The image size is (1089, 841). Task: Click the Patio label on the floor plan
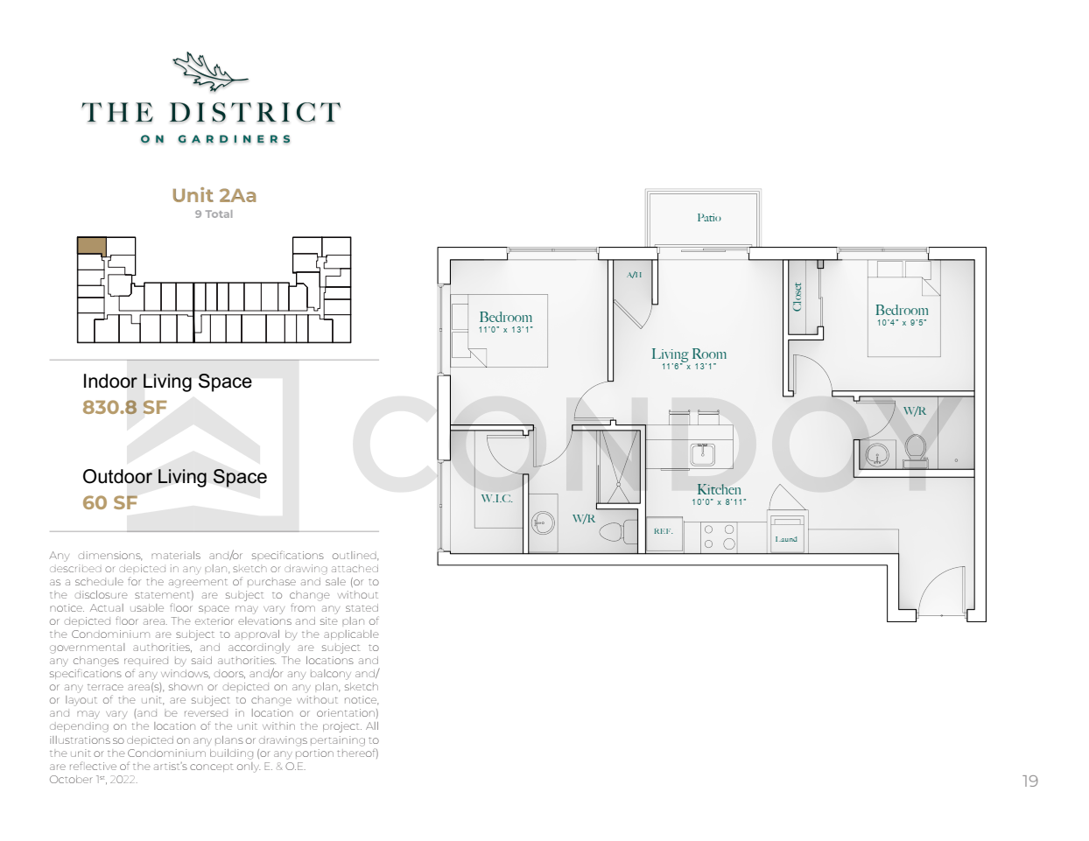(708, 217)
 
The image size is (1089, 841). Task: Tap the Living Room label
(689, 354)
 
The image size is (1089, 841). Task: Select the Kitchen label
(719, 489)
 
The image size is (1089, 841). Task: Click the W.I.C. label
(496, 499)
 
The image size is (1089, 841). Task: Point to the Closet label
(797, 297)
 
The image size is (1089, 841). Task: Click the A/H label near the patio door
(634, 275)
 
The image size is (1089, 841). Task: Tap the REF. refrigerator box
(664, 534)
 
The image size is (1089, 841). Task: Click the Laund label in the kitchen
(786, 539)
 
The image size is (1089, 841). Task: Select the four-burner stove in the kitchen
(719, 536)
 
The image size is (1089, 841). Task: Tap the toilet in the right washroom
(915, 451)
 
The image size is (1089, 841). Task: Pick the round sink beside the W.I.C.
(542, 524)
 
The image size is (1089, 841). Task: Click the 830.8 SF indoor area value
(124, 407)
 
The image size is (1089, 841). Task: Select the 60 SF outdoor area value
(109, 502)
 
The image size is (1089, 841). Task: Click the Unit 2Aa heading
(214, 195)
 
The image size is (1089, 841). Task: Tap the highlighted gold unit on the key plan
(92, 245)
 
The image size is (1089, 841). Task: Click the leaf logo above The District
(209, 72)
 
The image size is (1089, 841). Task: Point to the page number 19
(1030, 781)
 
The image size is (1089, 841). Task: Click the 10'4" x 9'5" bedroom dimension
(902, 323)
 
